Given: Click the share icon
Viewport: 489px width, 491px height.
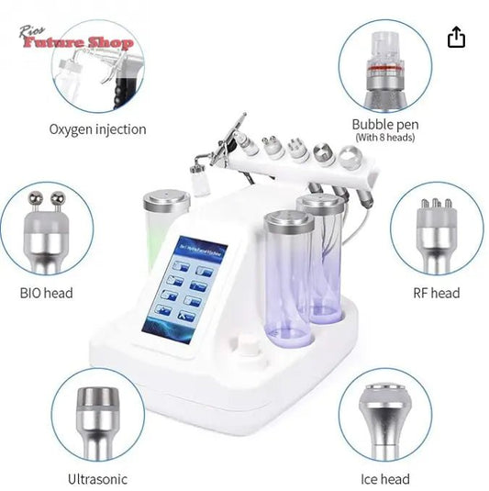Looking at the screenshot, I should [456, 37].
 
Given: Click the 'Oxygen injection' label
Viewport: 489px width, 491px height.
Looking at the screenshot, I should [97, 129].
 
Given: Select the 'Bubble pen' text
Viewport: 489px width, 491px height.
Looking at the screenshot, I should [384, 124].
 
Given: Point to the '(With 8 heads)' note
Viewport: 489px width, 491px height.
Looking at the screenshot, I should [384, 138].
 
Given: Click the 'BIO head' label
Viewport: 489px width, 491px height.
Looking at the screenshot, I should [46, 294].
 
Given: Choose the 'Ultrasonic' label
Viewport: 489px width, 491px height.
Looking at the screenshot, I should [97, 478].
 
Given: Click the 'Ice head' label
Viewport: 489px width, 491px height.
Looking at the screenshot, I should [385, 478].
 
